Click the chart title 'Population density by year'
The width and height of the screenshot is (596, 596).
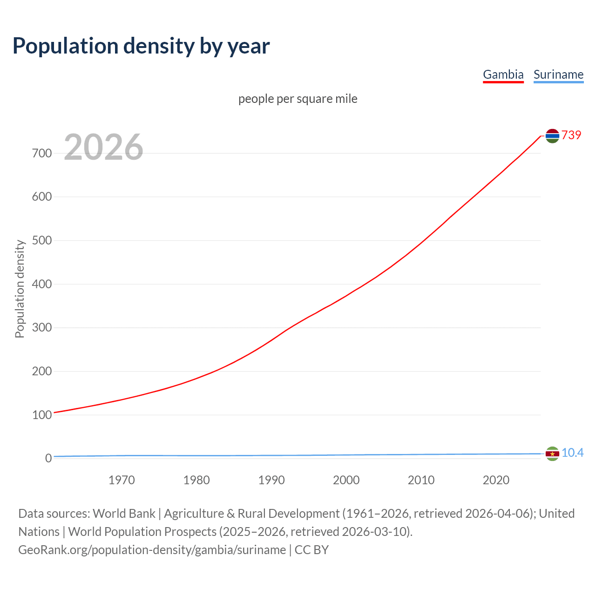tap(141, 46)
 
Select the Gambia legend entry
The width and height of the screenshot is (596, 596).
tap(503, 74)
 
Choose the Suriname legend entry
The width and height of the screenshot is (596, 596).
tap(558, 74)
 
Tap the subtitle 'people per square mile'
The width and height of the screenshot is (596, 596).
tap(298, 99)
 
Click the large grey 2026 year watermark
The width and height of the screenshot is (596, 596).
tap(103, 147)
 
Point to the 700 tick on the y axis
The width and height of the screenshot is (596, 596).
tap(42, 153)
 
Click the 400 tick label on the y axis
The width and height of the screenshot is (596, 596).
tap(42, 284)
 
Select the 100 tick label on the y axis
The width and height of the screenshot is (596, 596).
tap(42, 415)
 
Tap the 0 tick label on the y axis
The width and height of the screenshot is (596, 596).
tap(48, 458)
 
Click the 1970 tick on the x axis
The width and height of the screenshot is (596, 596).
tap(122, 480)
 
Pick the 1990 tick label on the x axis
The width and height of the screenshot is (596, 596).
tap(271, 480)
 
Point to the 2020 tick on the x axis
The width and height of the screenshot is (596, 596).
tap(496, 480)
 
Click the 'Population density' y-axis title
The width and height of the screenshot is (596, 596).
tap(20, 289)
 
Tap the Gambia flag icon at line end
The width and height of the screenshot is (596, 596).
tap(552, 135)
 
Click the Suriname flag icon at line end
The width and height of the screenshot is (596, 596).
tap(552, 454)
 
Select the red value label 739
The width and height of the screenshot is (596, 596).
tap(571, 135)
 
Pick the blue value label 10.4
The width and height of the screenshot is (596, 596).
tap(572, 453)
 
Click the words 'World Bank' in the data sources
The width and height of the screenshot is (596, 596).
tap(124, 513)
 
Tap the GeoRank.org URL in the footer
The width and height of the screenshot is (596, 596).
tap(152, 549)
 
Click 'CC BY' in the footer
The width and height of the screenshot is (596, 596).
tap(312, 549)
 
